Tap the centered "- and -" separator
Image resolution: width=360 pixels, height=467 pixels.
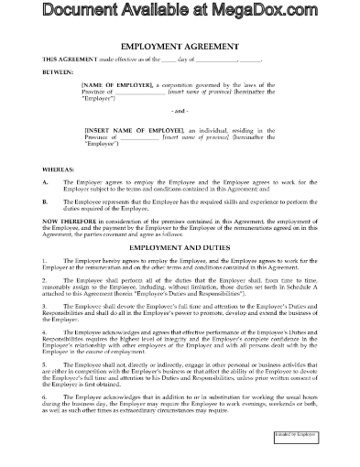(x=180, y=136)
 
